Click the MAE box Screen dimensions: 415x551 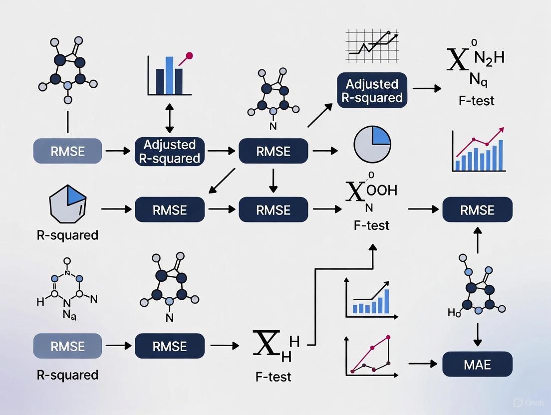pyautogui.click(x=478, y=364)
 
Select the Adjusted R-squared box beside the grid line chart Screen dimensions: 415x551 pyautogui.click(x=372, y=90)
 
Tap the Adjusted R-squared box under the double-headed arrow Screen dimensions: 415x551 pyautogui.click(x=169, y=152)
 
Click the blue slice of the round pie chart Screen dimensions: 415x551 pyautogui.click(x=381, y=136)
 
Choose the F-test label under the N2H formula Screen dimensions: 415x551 pyautogui.click(x=476, y=100)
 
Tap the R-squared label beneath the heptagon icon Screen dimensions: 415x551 pyautogui.click(x=67, y=234)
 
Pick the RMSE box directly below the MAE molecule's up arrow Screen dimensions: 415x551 pyautogui.click(x=478, y=209)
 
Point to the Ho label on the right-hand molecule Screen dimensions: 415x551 pyautogui.click(x=454, y=313)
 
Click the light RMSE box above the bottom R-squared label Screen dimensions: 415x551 pyautogui.click(x=67, y=346)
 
